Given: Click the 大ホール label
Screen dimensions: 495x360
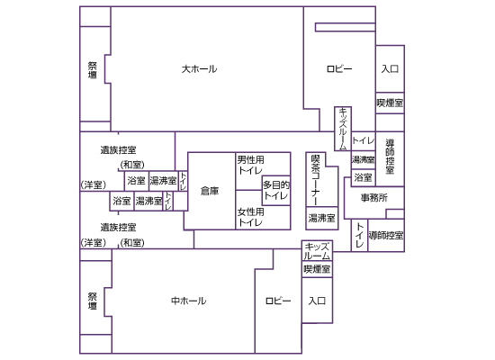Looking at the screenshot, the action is [199, 68].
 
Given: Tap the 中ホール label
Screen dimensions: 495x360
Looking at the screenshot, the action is [188, 301].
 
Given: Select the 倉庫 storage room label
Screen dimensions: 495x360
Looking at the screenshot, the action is [210, 191].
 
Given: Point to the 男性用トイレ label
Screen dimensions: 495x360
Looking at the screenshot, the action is [251, 165].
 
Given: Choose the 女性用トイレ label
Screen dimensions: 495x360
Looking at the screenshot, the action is [251, 217].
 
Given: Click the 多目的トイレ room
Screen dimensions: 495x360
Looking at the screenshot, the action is [276, 191].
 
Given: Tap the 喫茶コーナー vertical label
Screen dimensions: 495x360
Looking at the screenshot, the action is [315, 179].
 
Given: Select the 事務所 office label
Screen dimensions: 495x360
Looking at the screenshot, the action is [374, 198].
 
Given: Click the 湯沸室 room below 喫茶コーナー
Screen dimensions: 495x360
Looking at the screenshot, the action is [321, 218].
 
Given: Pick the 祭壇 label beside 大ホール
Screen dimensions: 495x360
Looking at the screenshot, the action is [93, 70].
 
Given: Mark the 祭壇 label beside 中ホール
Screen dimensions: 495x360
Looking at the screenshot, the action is [93, 301].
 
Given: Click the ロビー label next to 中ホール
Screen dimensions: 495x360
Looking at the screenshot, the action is [278, 301].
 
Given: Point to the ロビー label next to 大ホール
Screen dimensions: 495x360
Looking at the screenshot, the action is [339, 68].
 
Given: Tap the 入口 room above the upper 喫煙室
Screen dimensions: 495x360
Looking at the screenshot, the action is [390, 68].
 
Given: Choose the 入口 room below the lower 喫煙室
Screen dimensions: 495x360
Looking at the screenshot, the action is [317, 301].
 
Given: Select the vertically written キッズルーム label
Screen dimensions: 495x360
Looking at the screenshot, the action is [343, 129].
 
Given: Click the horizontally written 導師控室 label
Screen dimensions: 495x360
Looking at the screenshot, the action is [386, 235].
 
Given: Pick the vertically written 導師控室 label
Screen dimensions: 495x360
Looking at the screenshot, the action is [391, 157].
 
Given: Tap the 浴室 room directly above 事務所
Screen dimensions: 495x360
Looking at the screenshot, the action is [363, 177].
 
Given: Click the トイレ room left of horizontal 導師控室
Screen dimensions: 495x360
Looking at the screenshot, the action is [360, 235].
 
